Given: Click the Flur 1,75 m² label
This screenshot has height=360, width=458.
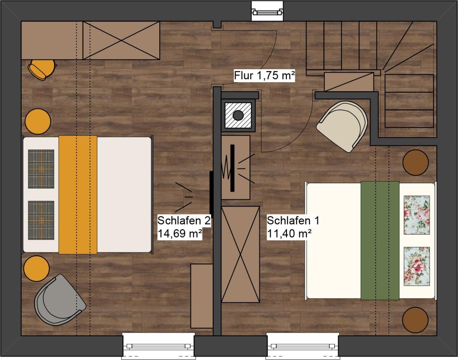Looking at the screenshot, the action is pos(264,75).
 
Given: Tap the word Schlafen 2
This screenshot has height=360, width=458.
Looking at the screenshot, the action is pos(184,221).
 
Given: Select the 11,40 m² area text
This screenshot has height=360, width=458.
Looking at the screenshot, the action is pos(289,233).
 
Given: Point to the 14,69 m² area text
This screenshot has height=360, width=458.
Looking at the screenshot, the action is pos(180,233).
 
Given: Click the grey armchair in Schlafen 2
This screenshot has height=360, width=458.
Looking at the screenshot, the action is pos(60,300).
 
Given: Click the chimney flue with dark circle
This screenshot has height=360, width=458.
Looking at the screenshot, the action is pos(238,115).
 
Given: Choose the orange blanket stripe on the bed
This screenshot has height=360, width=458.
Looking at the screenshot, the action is pos(78,195).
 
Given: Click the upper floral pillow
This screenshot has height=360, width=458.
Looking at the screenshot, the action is pos(417,215).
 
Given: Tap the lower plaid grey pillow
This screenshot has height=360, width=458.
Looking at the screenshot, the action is pos(41,220).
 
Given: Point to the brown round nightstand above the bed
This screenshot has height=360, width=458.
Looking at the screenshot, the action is pos(416,162).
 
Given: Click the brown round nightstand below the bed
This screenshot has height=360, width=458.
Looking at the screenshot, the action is pos(415,320).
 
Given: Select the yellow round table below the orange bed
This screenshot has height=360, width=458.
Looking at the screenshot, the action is pos(37,269).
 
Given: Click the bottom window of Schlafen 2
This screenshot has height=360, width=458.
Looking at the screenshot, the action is pos(158,346).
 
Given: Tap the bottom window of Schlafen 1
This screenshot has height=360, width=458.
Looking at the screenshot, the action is pos(302,346).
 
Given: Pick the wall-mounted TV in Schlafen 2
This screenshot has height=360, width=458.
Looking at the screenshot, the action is pos(212,195).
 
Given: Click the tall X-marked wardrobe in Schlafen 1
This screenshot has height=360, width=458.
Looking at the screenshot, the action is pos(240,254).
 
